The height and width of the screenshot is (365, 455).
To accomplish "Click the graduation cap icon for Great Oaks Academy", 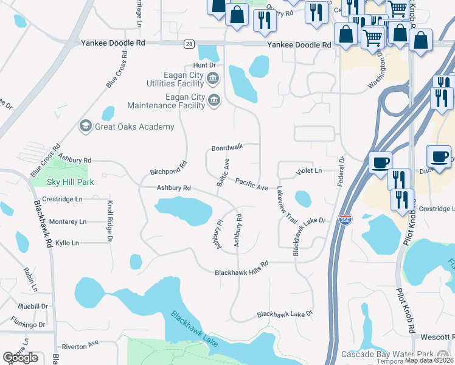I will point(85,127).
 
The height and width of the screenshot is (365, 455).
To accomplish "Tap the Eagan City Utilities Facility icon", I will point(213,77).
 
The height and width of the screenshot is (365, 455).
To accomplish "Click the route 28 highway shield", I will point(190,44).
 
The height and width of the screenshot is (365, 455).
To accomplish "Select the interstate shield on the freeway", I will point(346,220).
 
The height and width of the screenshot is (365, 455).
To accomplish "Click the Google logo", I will point(20,358).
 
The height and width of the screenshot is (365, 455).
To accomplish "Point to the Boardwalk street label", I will point(227,147).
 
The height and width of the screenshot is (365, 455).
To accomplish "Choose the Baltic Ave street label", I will point(223,172).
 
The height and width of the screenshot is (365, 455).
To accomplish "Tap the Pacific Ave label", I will point(251,184).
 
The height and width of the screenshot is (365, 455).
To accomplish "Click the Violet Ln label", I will point(308,172).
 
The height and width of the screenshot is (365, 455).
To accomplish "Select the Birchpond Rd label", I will point(168,168).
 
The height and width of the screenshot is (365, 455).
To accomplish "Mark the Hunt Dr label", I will point(204,64).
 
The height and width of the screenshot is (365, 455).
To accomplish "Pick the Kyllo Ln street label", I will point(67,243).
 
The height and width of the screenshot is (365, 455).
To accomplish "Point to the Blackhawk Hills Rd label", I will point(241,273).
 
